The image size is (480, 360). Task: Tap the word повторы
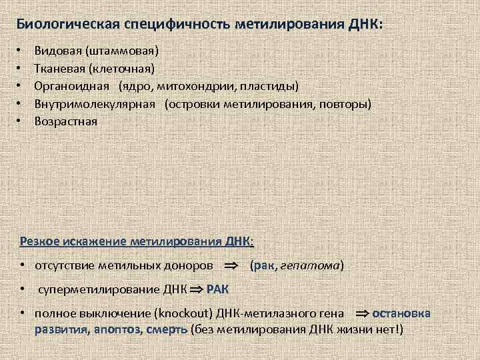pos(345,104)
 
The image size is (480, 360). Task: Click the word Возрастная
pos(65,122)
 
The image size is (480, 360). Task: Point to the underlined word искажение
pos(95,241)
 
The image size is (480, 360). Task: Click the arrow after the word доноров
pos(230,266)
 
